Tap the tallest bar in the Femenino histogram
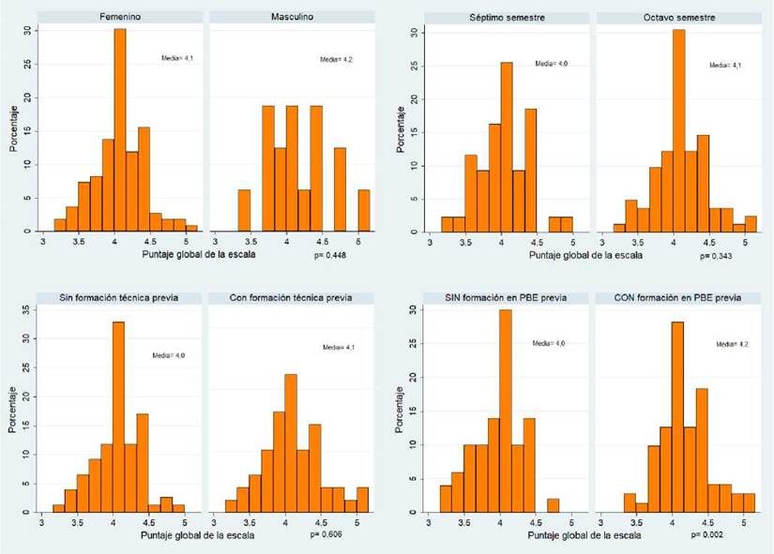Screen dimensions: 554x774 point(120,131)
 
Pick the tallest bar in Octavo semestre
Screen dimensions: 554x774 point(678,131)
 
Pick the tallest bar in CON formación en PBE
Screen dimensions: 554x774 point(676,417)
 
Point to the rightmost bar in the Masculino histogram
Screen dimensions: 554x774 point(364,210)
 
